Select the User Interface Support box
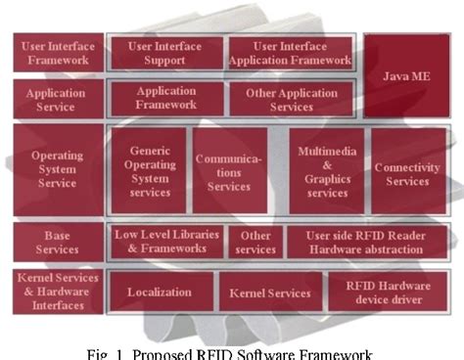coord(163,53)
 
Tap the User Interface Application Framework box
coord(290,53)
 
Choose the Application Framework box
coord(165,99)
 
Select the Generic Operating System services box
coord(151,171)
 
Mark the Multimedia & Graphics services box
coord(327,171)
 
